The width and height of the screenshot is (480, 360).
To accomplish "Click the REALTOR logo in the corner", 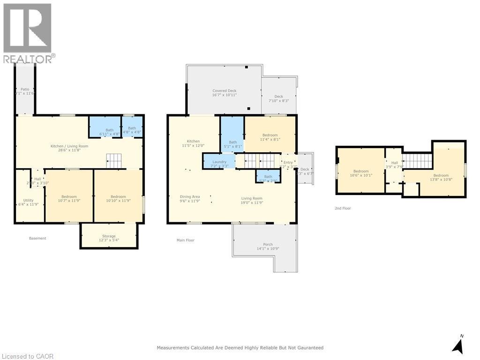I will pyautogui.click(x=28, y=33).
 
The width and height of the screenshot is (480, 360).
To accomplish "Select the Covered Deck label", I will pyautogui.click(x=225, y=93).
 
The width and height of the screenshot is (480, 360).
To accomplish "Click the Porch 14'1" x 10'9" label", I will pyautogui.click(x=268, y=247).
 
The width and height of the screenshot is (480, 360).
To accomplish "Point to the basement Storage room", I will pyautogui.click(x=109, y=238).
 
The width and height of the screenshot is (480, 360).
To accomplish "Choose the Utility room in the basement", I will pyautogui.click(x=29, y=202).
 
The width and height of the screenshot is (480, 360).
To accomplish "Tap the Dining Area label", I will pyautogui.click(x=190, y=199).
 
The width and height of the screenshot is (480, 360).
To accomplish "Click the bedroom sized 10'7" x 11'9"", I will pyautogui.click(x=68, y=199).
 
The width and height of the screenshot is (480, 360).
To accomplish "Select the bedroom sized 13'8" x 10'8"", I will pyautogui.click(x=441, y=177).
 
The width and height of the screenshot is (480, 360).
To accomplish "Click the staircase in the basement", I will pyautogui.click(x=113, y=161).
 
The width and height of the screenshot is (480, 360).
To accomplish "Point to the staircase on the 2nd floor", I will pyautogui.click(x=417, y=161).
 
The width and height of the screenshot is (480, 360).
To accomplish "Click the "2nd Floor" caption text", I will pyautogui.click(x=343, y=208).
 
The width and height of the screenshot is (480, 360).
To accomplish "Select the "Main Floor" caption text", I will pyautogui.click(x=185, y=240).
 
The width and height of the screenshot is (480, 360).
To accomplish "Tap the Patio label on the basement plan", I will pyautogui.click(x=24, y=91).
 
